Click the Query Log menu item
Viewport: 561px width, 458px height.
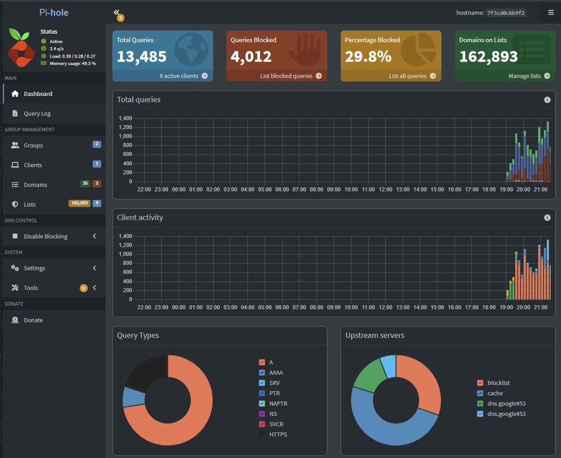click(x=37, y=114)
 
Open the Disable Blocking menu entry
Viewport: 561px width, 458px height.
click(x=45, y=236)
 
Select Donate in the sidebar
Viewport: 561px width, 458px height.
click(x=33, y=320)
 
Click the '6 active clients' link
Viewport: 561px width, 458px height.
click(x=184, y=76)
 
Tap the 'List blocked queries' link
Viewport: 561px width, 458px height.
click(x=291, y=76)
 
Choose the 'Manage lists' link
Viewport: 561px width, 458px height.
click(x=529, y=76)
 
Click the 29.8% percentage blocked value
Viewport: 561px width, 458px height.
click(x=368, y=57)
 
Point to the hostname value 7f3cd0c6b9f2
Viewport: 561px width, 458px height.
click(x=506, y=13)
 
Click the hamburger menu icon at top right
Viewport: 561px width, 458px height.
click(x=551, y=13)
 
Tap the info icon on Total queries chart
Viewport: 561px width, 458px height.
click(x=547, y=100)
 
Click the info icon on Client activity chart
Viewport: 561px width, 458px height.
click(x=547, y=218)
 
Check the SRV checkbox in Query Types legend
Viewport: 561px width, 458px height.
click(x=262, y=383)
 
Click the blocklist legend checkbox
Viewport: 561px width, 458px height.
click(x=480, y=383)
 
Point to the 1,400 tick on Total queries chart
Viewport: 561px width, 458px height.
click(x=125, y=118)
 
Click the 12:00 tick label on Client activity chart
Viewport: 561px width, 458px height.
click(x=385, y=307)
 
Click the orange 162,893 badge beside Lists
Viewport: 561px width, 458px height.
click(x=79, y=203)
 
